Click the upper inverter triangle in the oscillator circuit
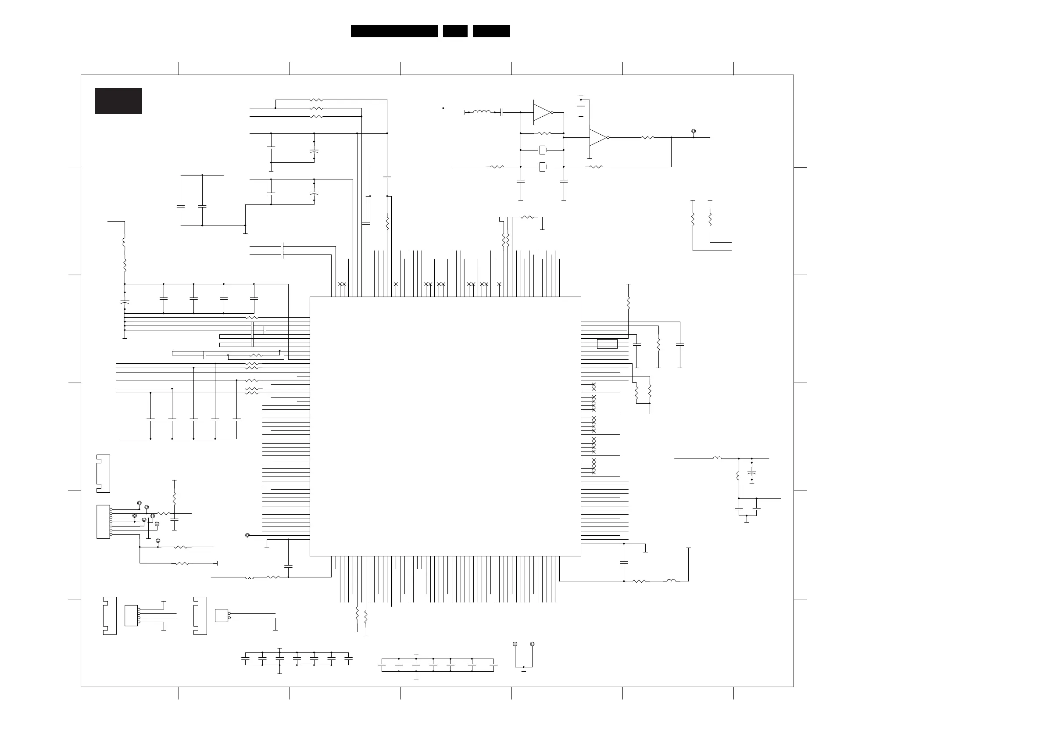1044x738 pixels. click(x=543, y=112)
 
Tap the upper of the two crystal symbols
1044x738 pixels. click(x=542, y=150)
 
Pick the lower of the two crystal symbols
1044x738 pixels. click(x=542, y=167)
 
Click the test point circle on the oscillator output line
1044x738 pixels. click(x=694, y=132)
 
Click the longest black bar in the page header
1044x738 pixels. click(x=394, y=31)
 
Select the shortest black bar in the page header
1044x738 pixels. click(x=455, y=31)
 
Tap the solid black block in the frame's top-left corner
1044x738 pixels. click(x=118, y=101)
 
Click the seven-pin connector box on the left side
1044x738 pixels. click(x=103, y=522)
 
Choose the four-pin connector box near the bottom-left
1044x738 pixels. click(x=131, y=615)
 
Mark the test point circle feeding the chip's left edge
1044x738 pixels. click(x=247, y=535)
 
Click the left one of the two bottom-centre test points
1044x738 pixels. click(x=515, y=645)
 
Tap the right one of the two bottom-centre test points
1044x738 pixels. click(x=533, y=645)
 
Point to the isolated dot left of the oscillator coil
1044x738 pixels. click(x=443, y=108)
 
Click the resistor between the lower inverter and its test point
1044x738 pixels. click(x=647, y=137)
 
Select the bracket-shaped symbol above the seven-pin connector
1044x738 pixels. click(x=103, y=473)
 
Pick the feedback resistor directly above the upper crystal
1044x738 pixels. click(x=544, y=133)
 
